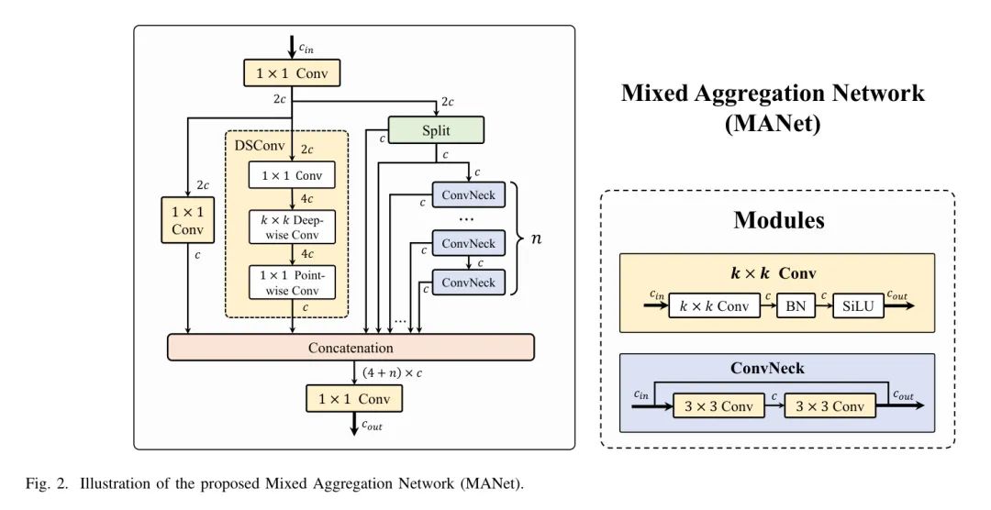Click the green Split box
click(x=436, y=130)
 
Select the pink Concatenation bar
click(x=351, y=348)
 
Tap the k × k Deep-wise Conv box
click(x=293, y=227)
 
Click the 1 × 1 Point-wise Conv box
click(x=293, y=283)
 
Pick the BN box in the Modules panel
click(x=796, y=306)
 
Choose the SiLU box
click(x=859, y=306)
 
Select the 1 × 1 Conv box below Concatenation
click(x=353, y=399)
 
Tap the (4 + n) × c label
click(x=392, y=372)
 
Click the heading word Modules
click(x=778, y=221)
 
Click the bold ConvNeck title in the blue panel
click(x=767, y=368)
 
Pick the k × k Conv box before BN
click(x=714, y=306)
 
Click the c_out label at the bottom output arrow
click(x=373, y=425)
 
